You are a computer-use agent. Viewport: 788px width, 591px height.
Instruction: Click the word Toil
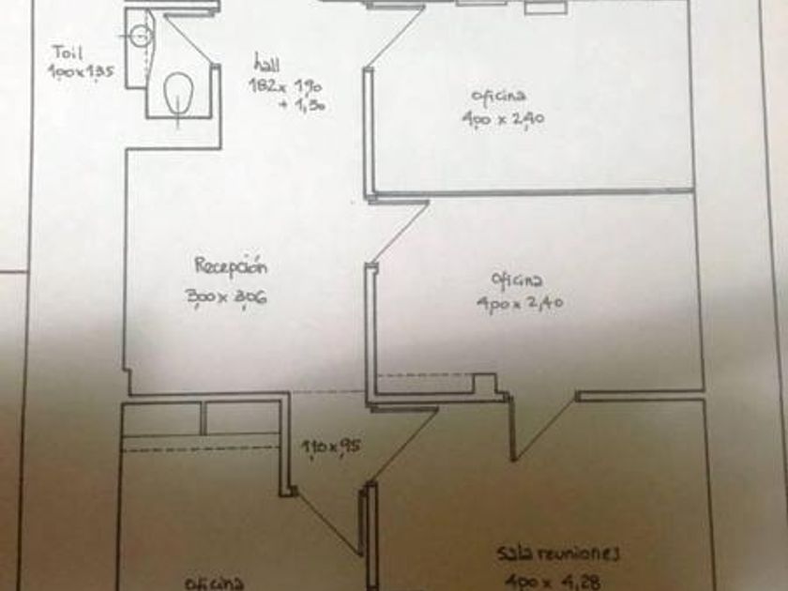[68, 53]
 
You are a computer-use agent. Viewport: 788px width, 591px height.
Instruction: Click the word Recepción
[231, 265]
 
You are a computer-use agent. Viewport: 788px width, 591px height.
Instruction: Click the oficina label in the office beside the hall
[498, 95]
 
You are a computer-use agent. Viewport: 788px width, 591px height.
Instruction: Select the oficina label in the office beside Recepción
[517, 280]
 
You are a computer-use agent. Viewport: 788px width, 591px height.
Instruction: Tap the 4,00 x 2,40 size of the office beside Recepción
[519, 304]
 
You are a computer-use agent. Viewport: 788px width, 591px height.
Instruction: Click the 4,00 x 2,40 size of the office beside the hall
[503, 118]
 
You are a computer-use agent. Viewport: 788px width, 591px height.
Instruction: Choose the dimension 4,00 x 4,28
[546, 579]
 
